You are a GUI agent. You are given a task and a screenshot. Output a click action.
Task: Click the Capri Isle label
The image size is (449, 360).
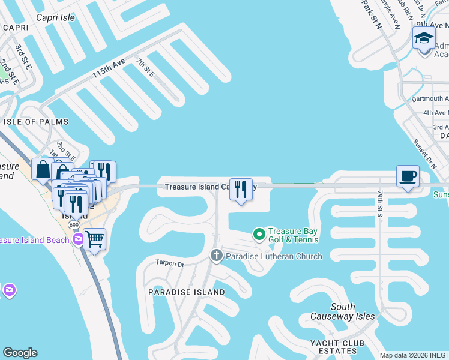pos(55,17)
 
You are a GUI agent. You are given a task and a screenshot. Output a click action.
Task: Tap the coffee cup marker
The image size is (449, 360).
pos(408,176)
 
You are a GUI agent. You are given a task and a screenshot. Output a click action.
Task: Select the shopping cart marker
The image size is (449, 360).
pos(95,239)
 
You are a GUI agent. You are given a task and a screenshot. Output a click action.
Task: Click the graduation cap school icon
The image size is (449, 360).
pos(424,38)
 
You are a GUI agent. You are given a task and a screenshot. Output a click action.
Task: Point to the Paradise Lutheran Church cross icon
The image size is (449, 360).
pos(217,256)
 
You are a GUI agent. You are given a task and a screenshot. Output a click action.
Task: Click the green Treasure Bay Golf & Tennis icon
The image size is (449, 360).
pos(259,233)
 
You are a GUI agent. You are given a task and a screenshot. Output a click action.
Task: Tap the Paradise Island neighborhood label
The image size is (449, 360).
pos(186,292)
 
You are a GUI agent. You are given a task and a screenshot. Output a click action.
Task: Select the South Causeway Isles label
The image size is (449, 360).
pos(343,311)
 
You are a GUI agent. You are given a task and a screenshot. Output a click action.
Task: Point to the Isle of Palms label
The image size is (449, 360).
pos(28,122)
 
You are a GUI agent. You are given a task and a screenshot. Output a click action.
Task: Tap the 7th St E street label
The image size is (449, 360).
pos(145,67)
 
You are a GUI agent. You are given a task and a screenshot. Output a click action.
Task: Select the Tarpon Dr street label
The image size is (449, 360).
pos(169,263)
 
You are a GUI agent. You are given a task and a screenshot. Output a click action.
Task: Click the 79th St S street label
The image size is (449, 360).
pos(380,204)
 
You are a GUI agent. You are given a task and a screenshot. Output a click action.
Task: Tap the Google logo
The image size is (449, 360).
pos(20,353)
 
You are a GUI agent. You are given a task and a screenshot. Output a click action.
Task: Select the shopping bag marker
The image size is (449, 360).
pos(43,170)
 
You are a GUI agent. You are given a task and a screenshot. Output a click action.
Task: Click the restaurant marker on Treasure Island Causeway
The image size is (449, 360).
pos(241,190)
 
